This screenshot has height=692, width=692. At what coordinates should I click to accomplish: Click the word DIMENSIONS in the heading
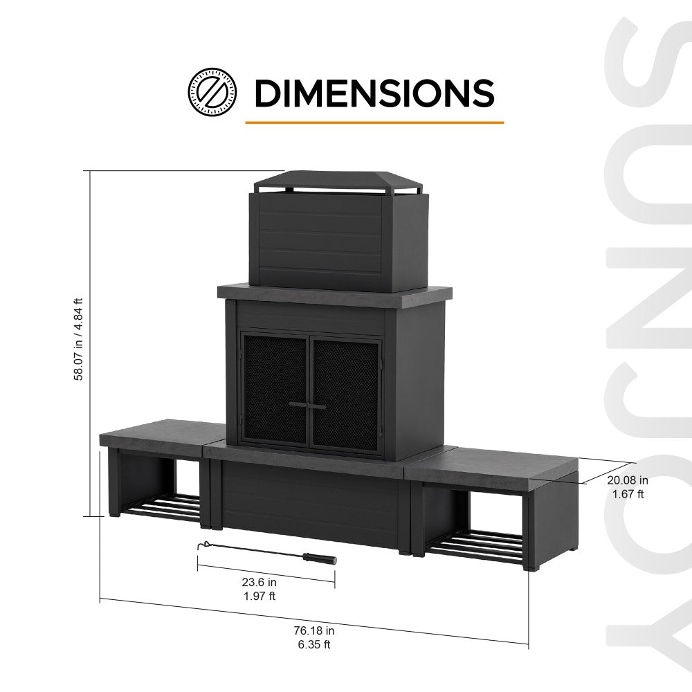click(x=374, y=93)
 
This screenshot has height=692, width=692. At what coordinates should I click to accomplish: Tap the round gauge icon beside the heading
click(x=212, y=91)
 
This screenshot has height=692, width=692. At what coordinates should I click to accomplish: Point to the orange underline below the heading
click(x=374, y=122)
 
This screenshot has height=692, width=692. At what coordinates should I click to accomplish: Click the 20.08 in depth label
click(x=628, y=480)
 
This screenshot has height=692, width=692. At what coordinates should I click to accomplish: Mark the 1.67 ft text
click(x=628, y=494)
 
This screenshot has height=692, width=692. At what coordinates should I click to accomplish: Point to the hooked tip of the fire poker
click(x=201, y=545)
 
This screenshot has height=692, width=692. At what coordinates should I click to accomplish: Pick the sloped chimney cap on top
click(x=337, y=181)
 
